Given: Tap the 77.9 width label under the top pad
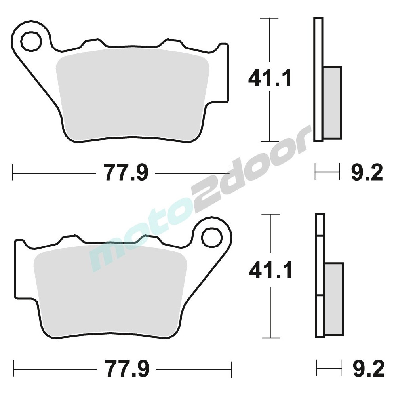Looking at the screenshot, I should click(x=126, y=173).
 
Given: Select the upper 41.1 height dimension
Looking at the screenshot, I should click(x=270, y=78).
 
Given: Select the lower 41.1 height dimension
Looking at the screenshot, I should click(x=271, y=272).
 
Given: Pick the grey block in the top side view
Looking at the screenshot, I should click(x=332, y=103).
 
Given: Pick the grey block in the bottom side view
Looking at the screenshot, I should click(x=334, y=299).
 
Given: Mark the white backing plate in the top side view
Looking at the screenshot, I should click(x=318, y=79).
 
